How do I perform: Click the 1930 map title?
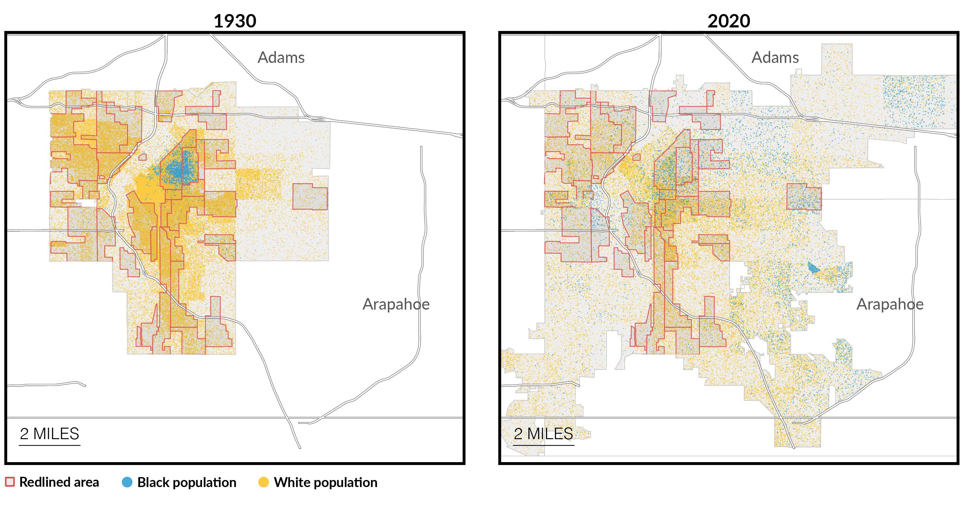point(235,21)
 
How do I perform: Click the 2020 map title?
point(728,21)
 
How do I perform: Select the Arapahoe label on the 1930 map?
point(396,304)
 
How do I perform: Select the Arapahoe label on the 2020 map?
point(890,304)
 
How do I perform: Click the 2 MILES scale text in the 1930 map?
point(49,434)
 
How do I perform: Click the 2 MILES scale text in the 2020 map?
point(543,434)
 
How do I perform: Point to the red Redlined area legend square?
point(10,482)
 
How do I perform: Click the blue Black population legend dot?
point(127,482)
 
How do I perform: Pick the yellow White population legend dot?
point(264,482)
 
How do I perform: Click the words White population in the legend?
point(325,482)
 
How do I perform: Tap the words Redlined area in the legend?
point(59,482)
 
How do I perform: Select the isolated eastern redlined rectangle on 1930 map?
point(310,197)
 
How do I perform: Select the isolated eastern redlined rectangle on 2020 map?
point(803,197)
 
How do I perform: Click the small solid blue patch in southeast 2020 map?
point(813,268)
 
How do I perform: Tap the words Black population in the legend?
point(187,482)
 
